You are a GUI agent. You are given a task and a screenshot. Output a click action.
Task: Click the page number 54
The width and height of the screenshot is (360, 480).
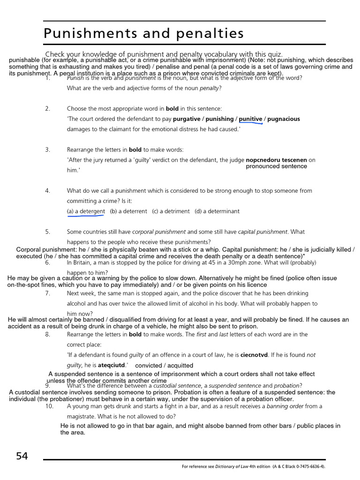(22, 456)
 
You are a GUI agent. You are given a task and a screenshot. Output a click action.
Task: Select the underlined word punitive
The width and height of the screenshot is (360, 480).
(250, 119)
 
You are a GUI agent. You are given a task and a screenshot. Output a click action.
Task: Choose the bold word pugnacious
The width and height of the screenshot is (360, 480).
(284, 119)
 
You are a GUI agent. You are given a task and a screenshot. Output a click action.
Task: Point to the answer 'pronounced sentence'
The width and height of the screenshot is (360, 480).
(277, 166)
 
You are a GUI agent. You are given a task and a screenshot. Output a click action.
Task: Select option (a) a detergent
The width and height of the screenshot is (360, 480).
(86, 211)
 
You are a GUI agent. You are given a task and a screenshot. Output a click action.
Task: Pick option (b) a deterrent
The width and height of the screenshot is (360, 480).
(128, 211)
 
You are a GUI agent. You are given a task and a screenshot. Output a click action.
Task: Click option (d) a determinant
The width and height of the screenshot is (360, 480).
(217, 211)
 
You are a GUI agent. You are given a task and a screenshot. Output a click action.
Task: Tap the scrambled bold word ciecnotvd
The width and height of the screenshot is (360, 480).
(254, 355)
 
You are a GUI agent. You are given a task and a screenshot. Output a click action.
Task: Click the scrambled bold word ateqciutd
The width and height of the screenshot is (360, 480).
(112, 365)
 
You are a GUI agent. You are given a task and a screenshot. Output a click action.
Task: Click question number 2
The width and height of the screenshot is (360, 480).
(47, 109)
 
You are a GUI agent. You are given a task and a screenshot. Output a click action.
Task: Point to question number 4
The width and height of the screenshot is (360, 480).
(47, 191)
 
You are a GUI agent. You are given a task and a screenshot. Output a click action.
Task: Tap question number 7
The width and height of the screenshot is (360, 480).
(47, 293)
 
